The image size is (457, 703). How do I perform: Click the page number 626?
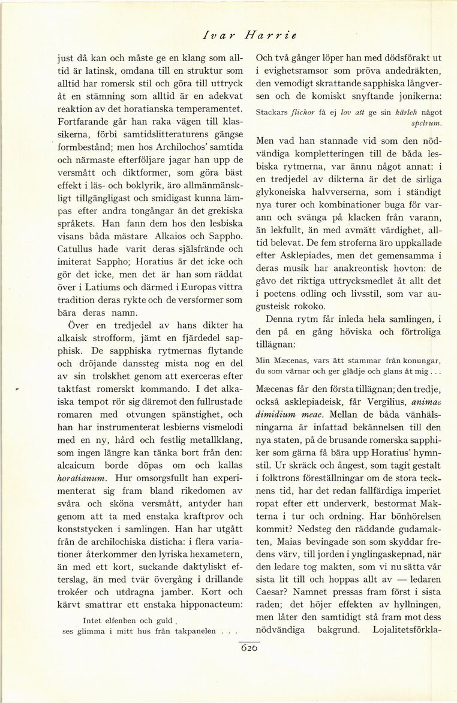[x=249, y=647]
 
